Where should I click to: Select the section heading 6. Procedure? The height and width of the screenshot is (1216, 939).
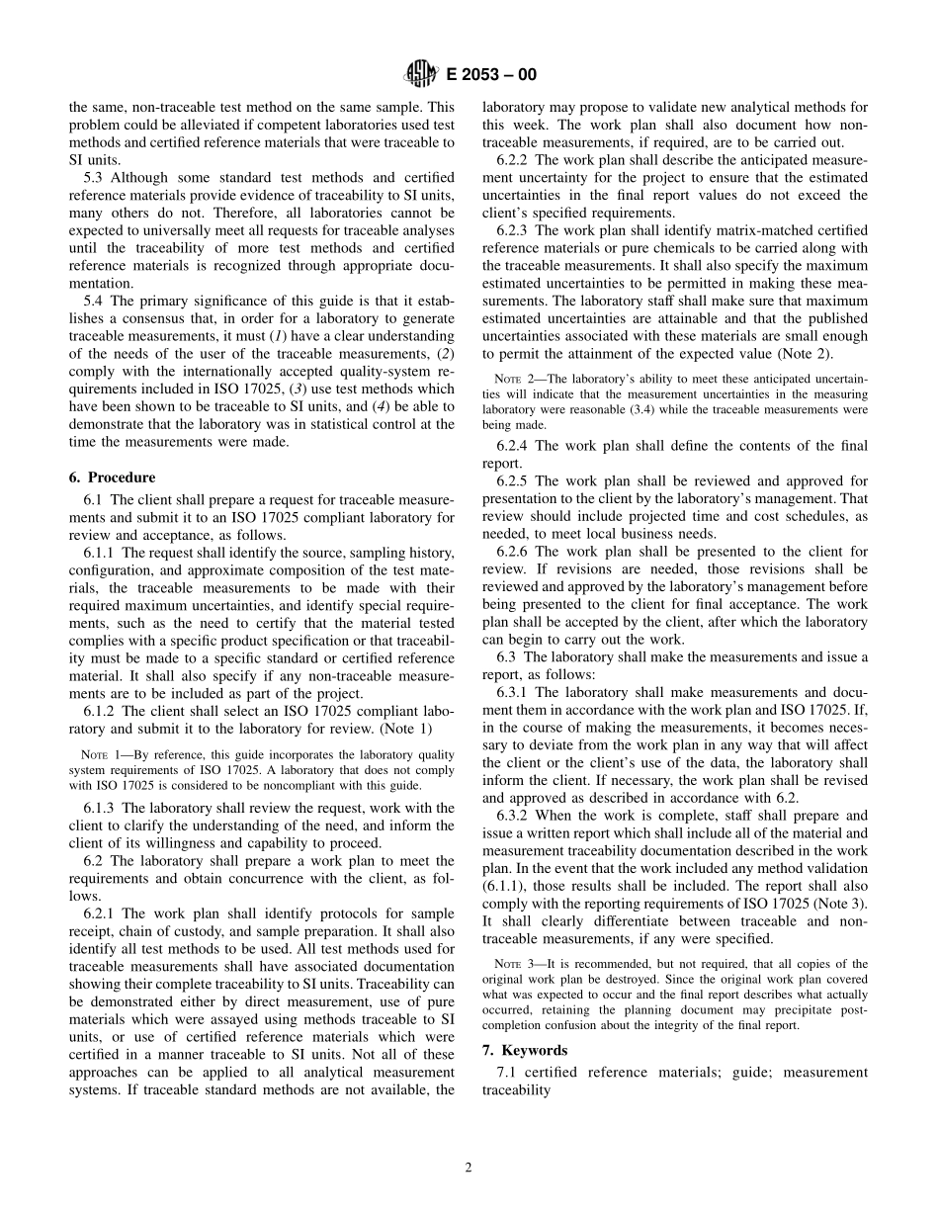[x=112, y=478]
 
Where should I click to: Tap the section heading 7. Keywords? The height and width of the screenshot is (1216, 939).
[x=524, y=1050]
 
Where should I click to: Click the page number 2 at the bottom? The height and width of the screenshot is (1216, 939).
[x=469, y=1167]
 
